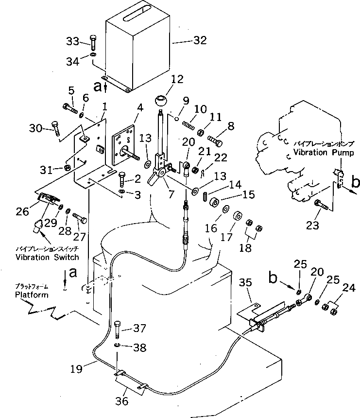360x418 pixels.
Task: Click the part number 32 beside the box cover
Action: point(200,41)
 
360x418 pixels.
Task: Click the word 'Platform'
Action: point(32,295)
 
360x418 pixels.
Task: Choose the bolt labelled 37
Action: point(118,331)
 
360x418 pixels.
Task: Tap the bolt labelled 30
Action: point(55,129)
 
